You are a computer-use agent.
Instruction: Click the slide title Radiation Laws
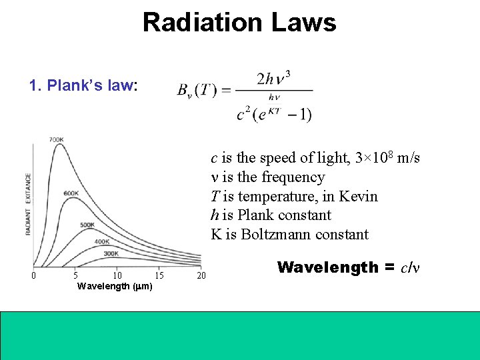239,23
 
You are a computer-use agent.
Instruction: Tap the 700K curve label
56,139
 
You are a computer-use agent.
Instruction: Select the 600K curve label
71,193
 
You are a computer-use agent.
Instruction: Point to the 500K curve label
87,225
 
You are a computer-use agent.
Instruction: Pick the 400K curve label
102,241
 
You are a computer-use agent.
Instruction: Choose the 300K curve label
111,253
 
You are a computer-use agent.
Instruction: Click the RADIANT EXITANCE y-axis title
28,203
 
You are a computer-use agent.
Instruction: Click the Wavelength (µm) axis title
115,287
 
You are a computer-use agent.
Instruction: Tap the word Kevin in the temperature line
358,197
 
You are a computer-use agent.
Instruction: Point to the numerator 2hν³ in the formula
273,78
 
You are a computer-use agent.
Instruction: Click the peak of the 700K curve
61,145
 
